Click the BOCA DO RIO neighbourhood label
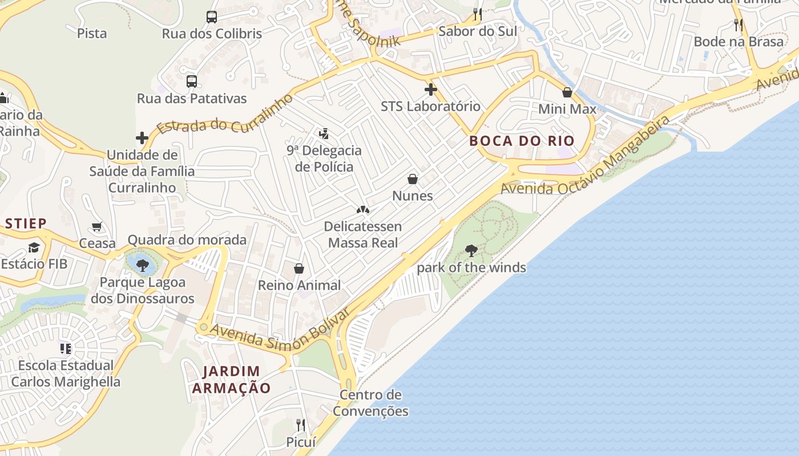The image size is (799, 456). point(522,141)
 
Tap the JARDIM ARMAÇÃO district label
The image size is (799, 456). point(231,380)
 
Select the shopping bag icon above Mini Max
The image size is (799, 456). point(567,92)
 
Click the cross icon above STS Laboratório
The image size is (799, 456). point(431,89)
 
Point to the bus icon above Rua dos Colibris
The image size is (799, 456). point(212,17)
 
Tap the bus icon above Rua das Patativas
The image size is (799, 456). point(192,82)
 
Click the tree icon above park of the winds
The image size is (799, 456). point(471,250)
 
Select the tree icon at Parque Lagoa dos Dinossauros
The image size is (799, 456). point(142,264)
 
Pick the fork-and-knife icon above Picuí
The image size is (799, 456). point(301,425)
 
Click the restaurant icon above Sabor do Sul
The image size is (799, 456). point(478,14)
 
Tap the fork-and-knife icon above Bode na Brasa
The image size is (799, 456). point(739,25)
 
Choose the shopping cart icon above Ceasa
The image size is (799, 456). point(97,227)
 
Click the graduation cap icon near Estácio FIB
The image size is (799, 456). point(34,247)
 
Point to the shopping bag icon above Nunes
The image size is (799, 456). point(413,179)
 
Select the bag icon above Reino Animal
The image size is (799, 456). point(298,268)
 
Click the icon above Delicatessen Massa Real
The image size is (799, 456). point(362,210)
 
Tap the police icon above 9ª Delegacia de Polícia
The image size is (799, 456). point(324,134)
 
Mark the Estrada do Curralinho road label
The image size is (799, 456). point(225,117)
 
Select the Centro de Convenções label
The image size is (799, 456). point(371,403)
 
